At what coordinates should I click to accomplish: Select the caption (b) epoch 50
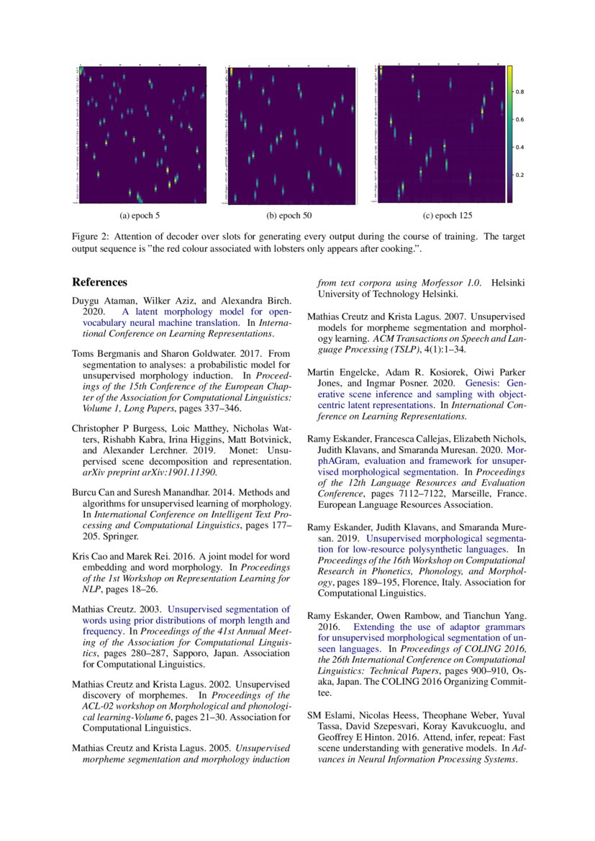coord(289,215)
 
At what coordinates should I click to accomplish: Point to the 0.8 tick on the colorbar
coord(520,92)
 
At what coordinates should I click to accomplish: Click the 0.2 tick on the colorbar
coord(520,175)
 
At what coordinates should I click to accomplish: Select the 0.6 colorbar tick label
coord(520,119)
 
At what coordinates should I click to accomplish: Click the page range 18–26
coord(135,588)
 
